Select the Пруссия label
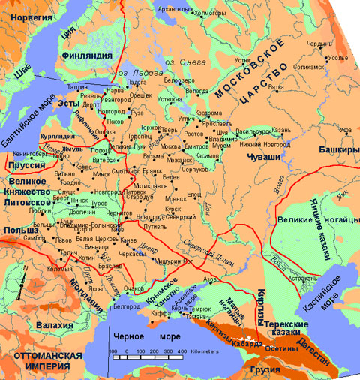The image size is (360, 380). click(x=22, y=164)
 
